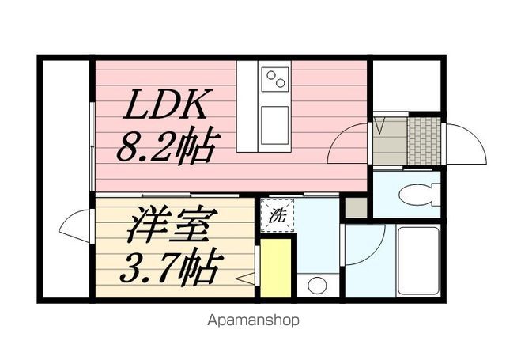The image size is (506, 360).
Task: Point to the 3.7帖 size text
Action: point(168,269)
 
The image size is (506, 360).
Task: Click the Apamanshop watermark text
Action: point(253,321)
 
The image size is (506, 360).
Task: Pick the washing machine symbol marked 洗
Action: point(278,213)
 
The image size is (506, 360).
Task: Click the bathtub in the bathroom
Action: point(418,261)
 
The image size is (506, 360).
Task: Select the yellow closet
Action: point(277,267)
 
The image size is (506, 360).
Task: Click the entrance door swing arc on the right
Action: point(466,144)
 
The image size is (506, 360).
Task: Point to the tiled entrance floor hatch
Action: point(423,141)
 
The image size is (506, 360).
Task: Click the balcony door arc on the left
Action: point(77,226)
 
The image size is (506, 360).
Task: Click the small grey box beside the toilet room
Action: point(357,207)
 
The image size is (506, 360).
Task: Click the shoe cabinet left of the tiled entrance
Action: point(389,142)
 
